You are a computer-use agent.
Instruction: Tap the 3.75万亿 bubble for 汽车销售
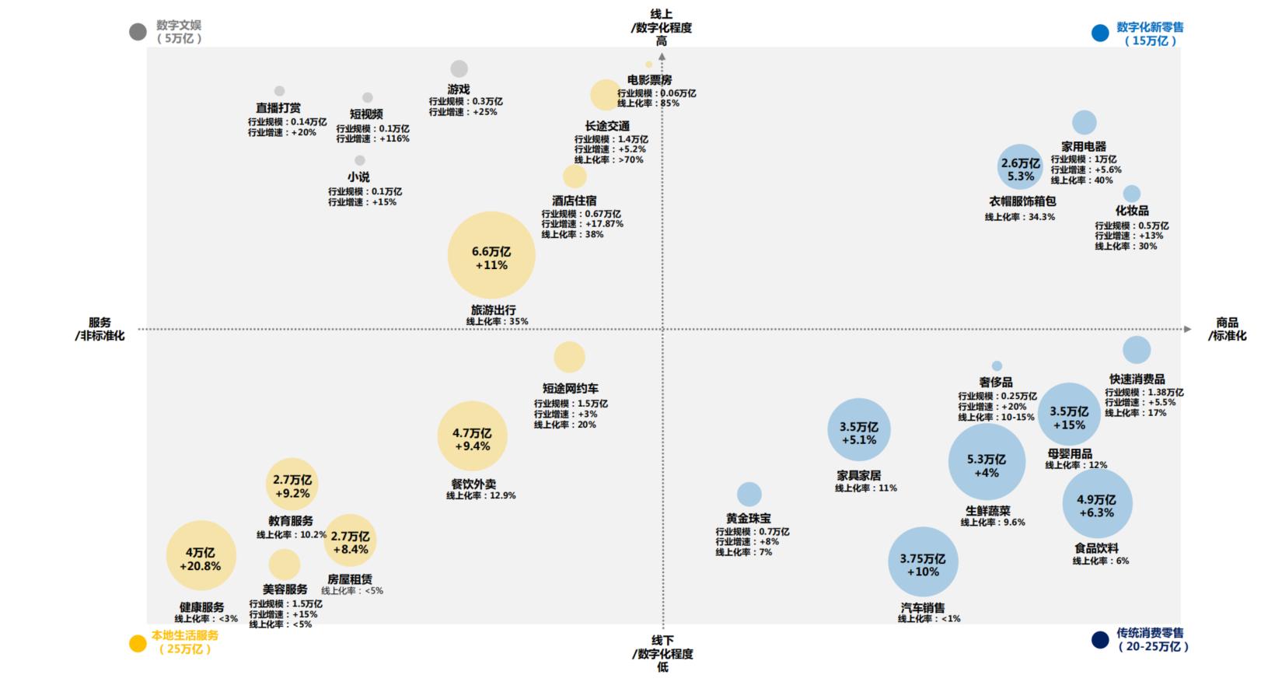923,561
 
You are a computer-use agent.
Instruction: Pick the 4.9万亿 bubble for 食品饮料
1097,504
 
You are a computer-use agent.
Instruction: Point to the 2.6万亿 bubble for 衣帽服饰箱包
1020,167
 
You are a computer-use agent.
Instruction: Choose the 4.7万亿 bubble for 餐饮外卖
472,436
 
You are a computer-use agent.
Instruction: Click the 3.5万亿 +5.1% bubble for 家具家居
858,430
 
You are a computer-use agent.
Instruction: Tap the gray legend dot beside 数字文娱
138,32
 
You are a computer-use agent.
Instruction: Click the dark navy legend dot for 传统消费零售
1100,640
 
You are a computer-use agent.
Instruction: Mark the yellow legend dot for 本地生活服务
138,643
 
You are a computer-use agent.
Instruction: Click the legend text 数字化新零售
1150,27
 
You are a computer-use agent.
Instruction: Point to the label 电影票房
649,80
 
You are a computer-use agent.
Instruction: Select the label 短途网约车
571,389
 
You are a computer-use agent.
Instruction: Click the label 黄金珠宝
749,518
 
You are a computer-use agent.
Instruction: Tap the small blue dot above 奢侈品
997,366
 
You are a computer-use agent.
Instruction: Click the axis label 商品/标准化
1227,329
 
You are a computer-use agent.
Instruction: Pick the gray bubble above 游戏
459,69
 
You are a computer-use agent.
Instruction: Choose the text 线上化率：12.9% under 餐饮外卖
480,495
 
